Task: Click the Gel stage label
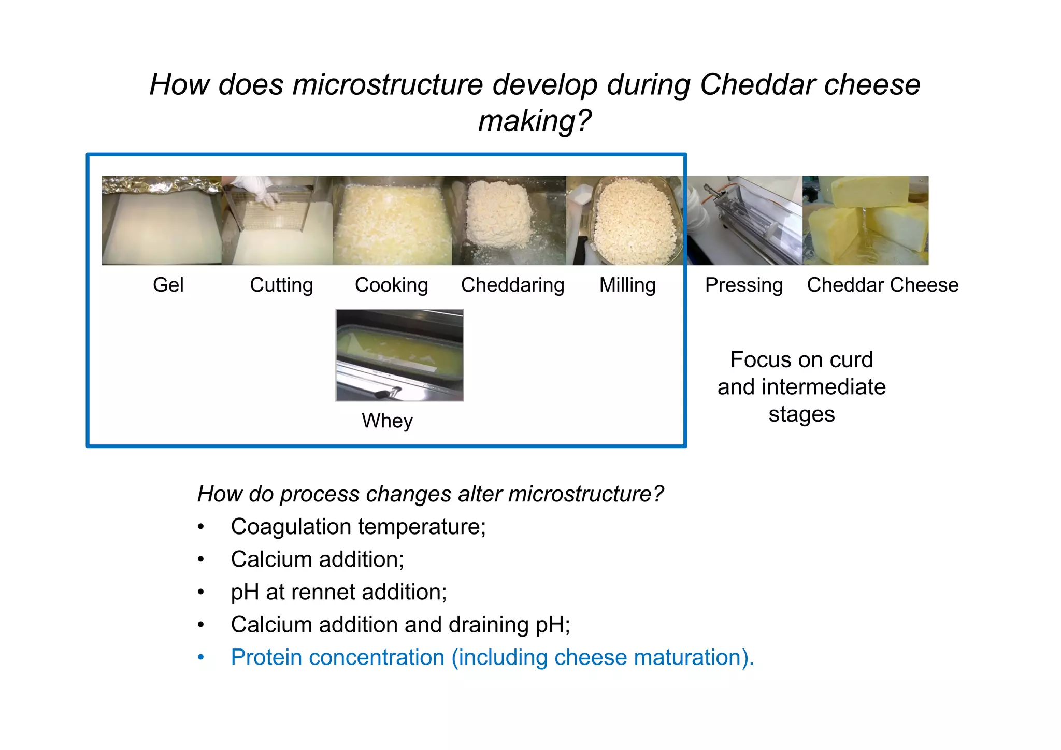(x=168, y=285)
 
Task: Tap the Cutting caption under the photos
(x=281, y=285)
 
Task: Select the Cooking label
(x=391, y=285)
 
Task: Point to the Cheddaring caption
(x=512, y=285)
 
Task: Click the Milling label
(x=627, y=285)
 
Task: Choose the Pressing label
(x=743, y=285)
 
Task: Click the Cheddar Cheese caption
(x=882, y=285)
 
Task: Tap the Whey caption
(x=387, y=421)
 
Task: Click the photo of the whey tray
(x=399, y=355)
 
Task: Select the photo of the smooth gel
(x=162, y=221)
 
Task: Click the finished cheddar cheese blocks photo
(x=865, y=221)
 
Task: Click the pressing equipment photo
(x=744, y=221)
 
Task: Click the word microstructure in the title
(x=388, y=84)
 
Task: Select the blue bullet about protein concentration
(x=492, y=657)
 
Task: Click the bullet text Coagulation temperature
(x=358, y=527)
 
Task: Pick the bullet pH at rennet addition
(x=338, y=592)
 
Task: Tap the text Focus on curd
(x=801, y=359)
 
